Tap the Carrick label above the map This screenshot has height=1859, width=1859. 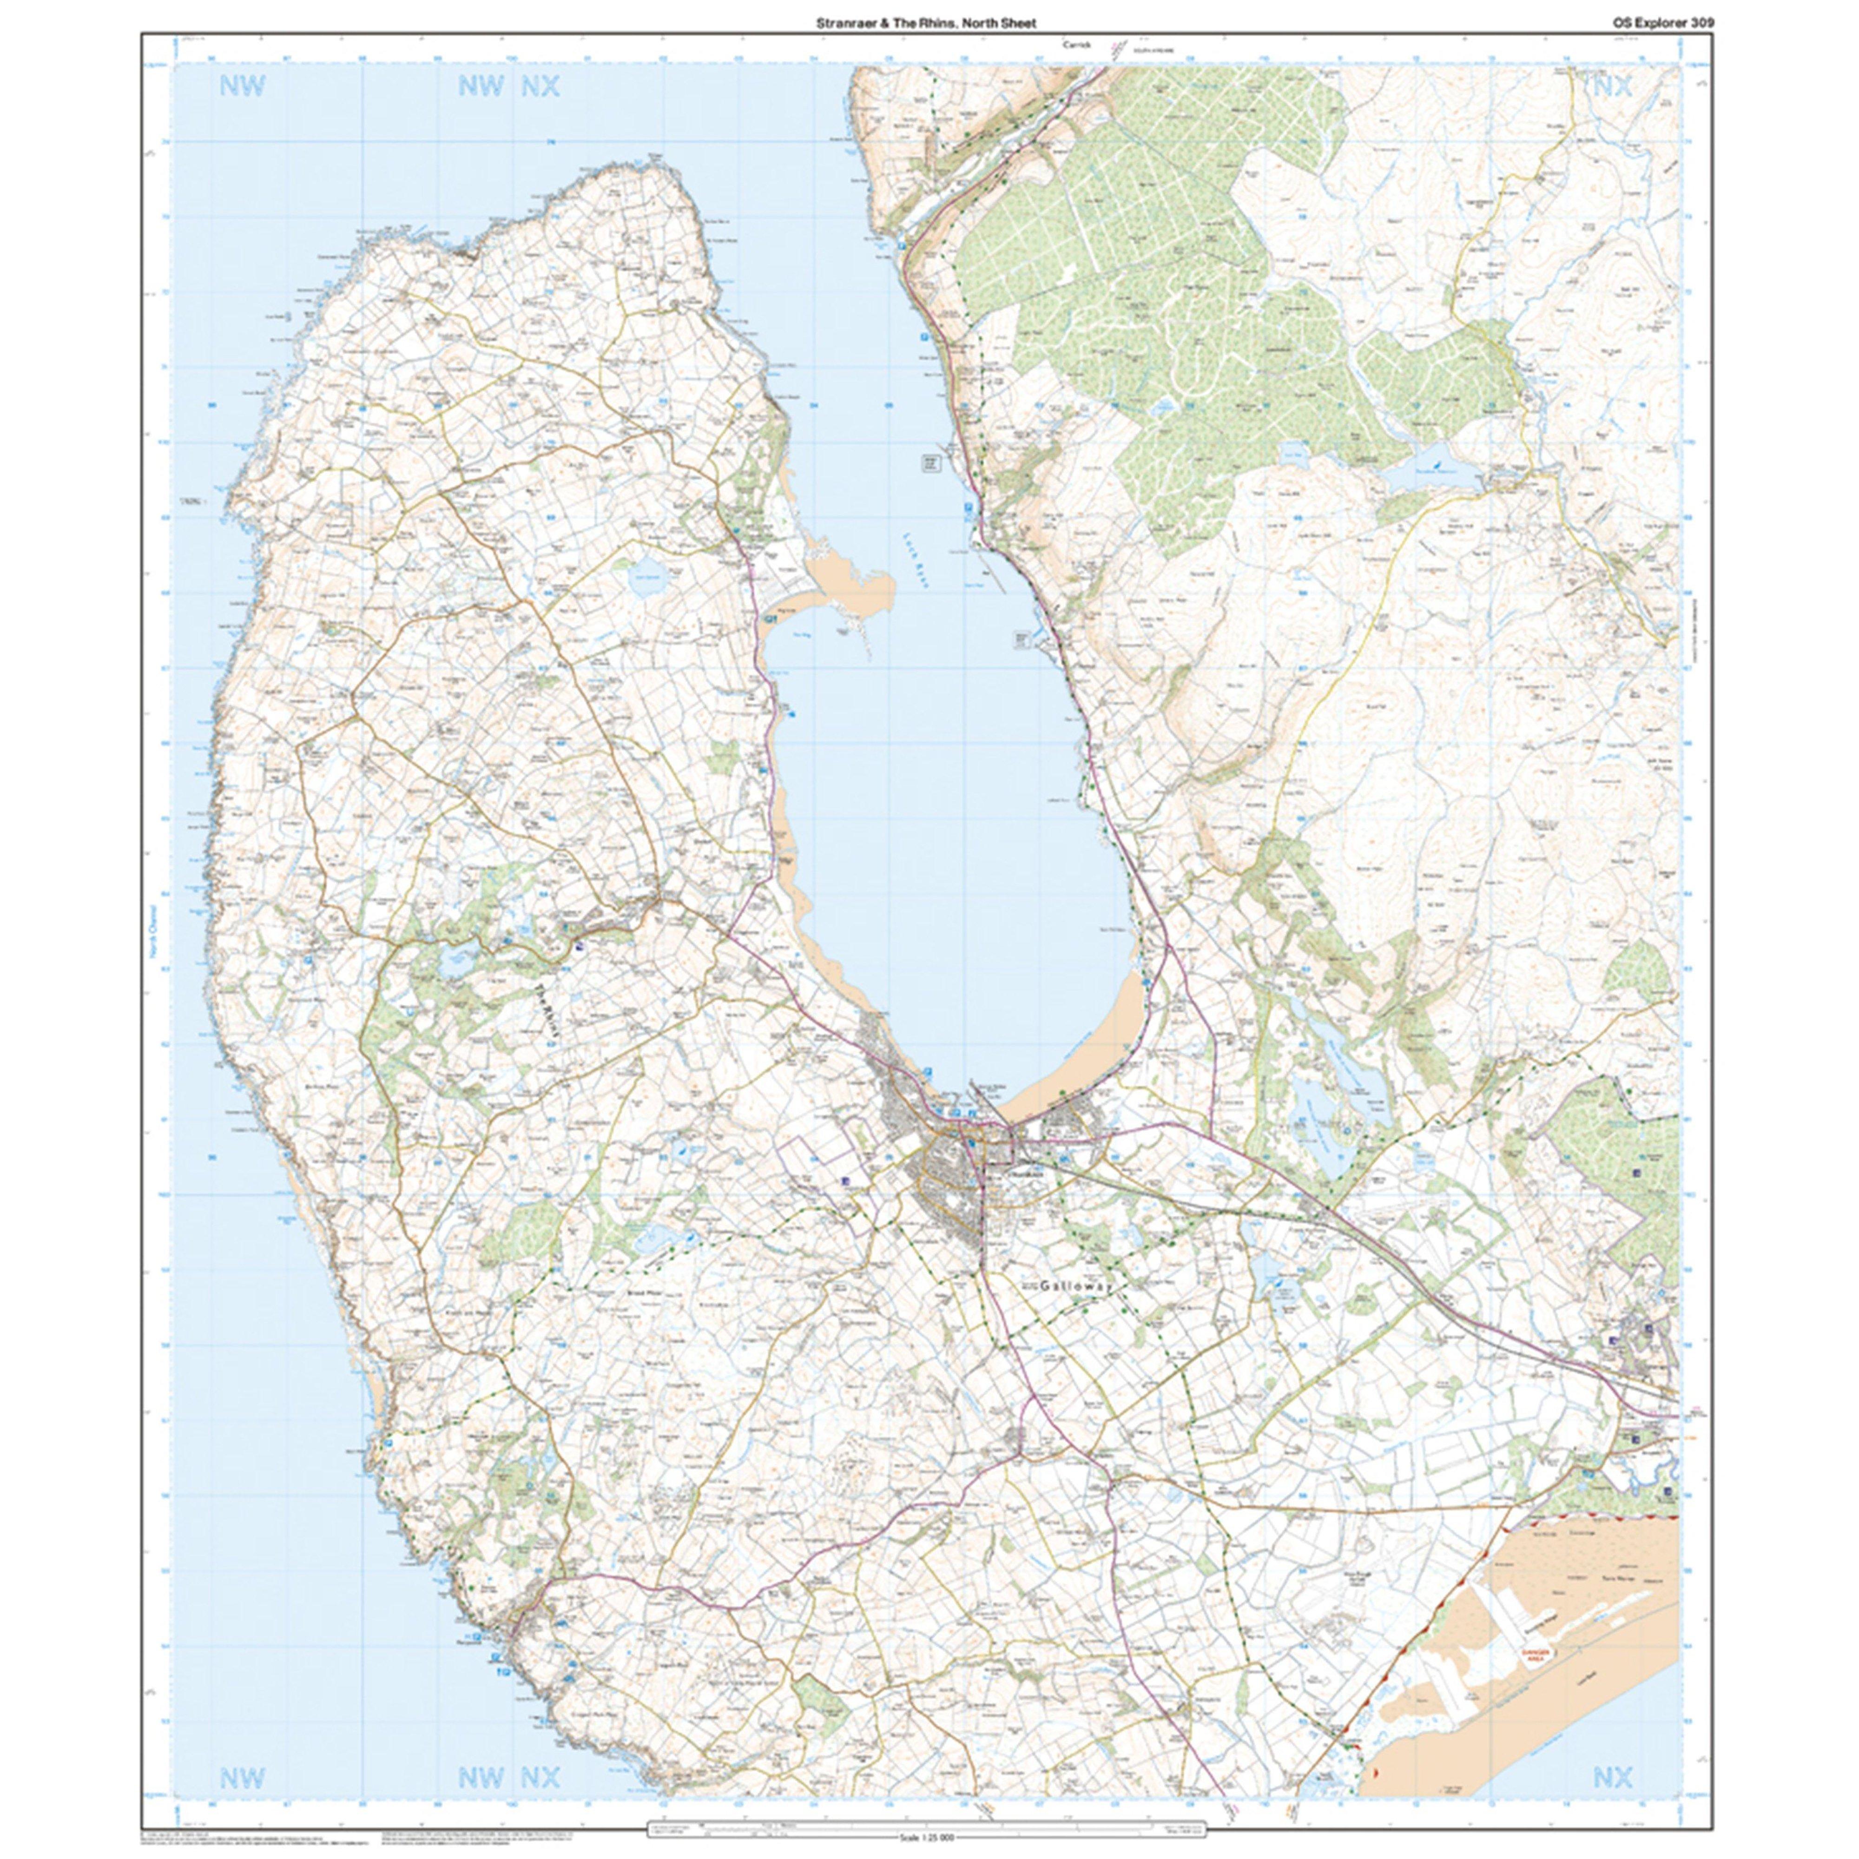point(1074,44)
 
